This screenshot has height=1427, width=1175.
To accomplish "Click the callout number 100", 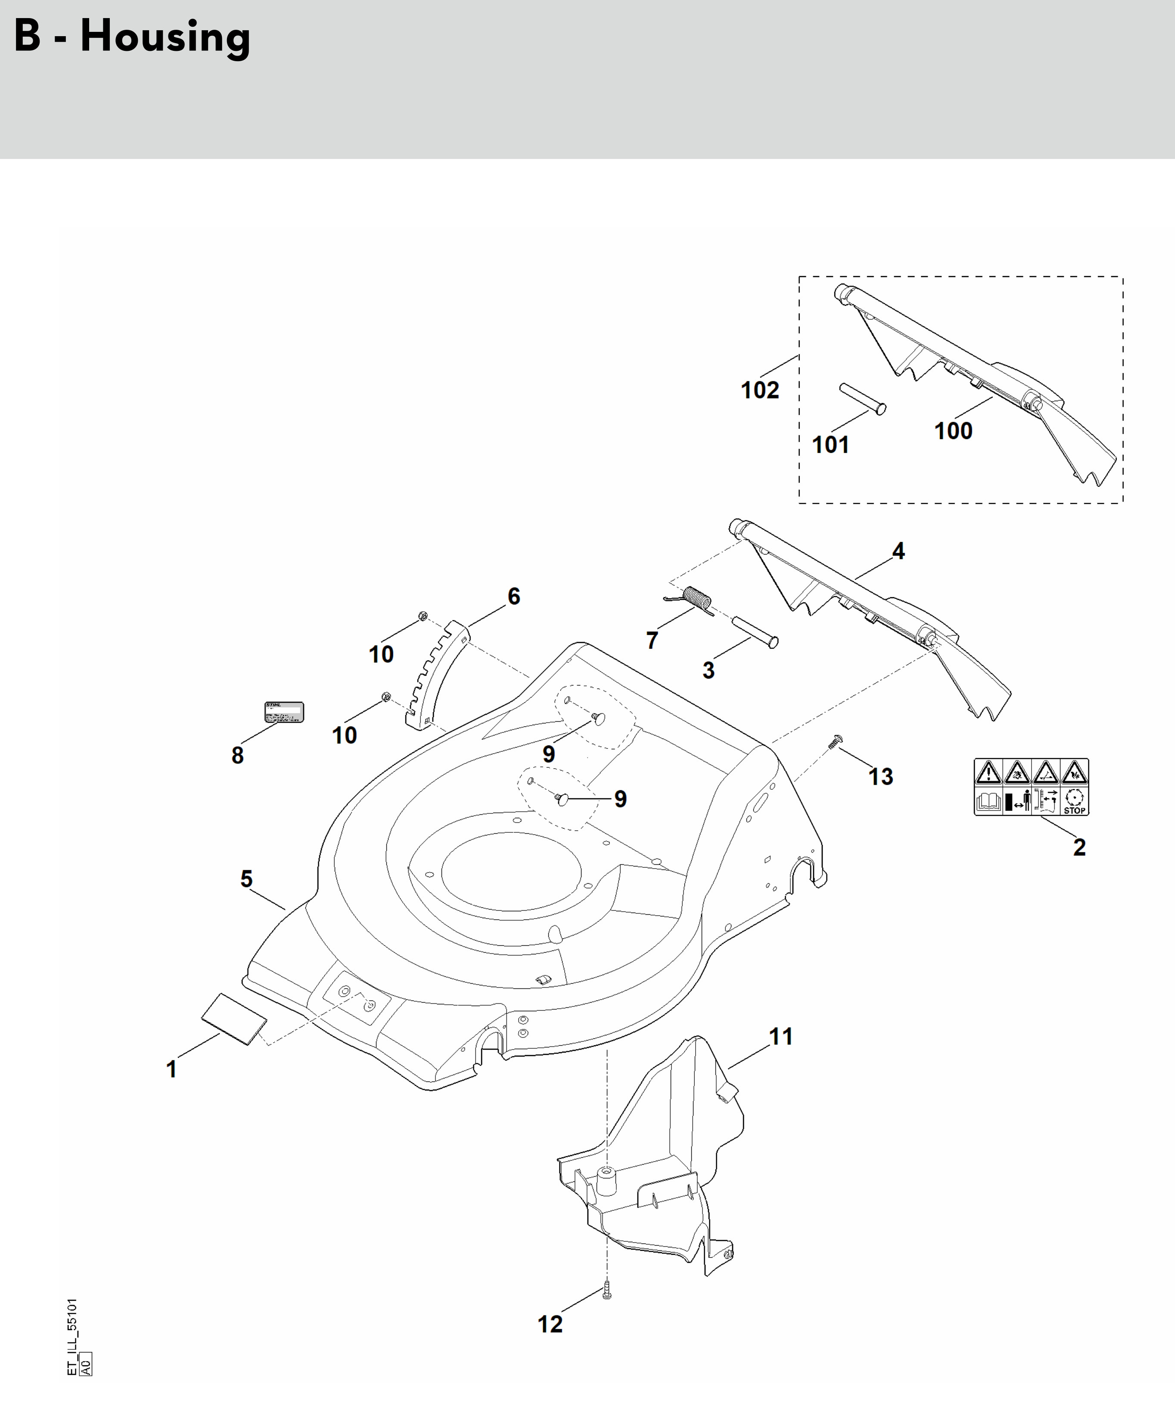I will click(x=953, y=430).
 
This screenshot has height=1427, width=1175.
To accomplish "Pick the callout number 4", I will click(x=898, y=551).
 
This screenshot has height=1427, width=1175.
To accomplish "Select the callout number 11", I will click(x=780, y=1036).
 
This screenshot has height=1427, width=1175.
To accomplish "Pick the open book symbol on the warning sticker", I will click(x=988, y=801).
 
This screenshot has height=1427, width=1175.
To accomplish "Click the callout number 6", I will click(x=514, y=596).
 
